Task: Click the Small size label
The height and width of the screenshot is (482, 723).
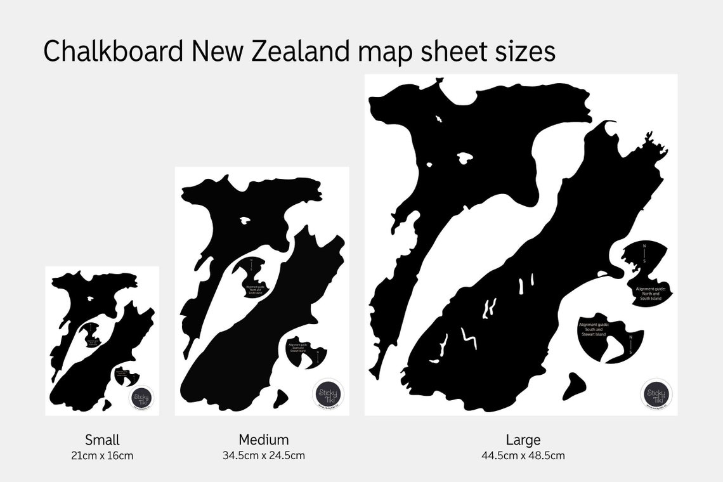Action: click(x=102, y=440)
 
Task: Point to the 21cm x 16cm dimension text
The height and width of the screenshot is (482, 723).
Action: click(x=102, y=455)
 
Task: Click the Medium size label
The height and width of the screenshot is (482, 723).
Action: click(x=263, y=439)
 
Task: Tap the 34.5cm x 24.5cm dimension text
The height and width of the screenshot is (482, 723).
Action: click(x=263, y=455)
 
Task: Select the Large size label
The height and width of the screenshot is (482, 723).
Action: click(x=523, y=439)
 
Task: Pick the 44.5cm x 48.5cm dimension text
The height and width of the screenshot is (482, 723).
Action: click(x=523, y=455)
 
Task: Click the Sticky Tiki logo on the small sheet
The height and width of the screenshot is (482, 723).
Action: click(x=142, y=399)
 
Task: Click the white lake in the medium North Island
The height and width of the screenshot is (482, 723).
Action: click(x=245, y=221)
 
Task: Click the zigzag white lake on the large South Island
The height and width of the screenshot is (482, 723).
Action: click(x=469, y=338)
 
